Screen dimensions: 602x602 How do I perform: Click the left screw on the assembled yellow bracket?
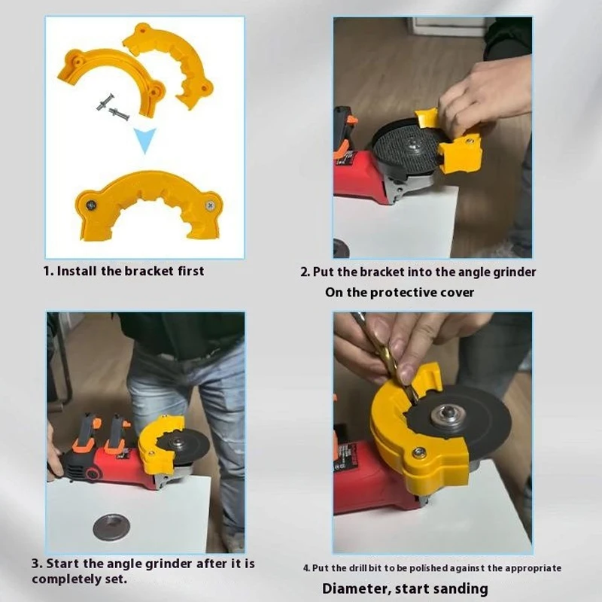click(x=90, y=203)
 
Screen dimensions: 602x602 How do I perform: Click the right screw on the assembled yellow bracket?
click(x=209, y=202)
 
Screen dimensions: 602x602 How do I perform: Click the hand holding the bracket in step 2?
click(x=485, y=90)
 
